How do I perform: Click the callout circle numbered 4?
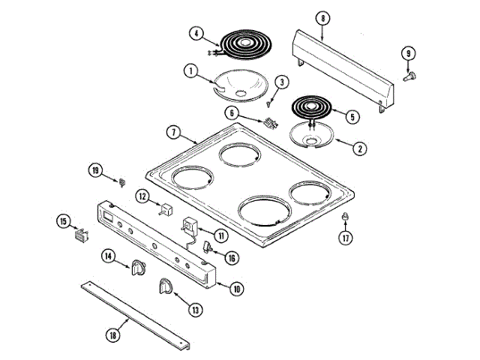click(195, 33)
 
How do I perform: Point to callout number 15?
click(63, 220)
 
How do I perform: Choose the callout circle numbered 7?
click(172, 132)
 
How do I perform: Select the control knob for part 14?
click(137, 266)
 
